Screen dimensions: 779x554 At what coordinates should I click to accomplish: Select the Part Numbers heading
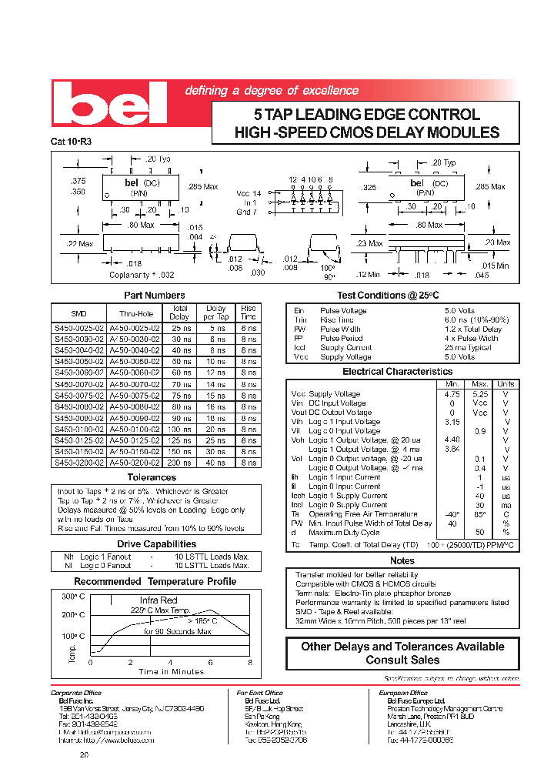155,296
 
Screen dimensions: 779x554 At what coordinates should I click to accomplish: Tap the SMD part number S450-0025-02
78,328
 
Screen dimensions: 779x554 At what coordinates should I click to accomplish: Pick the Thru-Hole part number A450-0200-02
134,463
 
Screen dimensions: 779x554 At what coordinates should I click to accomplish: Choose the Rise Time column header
249,312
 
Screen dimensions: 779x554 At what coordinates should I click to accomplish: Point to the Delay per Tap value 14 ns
216,383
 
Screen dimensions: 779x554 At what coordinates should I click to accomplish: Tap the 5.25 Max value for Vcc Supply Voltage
480,393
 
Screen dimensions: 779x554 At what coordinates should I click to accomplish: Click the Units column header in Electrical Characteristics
506,383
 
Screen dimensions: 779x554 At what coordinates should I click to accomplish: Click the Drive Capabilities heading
154,544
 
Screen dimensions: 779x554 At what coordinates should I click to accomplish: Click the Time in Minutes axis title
171,671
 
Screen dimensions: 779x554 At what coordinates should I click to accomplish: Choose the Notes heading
402,560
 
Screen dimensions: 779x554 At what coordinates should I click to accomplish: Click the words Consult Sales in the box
402,660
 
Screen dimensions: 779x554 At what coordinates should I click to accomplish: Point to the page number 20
84,755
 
